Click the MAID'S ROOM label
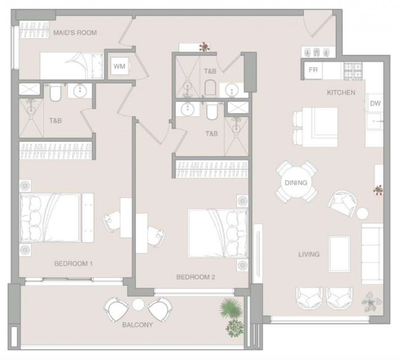pos(75,33)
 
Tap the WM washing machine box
pos(120,66)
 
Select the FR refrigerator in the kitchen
pos(313,70)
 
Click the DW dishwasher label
pos(375,103)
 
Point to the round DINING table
pos(296,182)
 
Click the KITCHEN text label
pos(341,92)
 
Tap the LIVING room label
pos(309,254)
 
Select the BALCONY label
pos(137,325)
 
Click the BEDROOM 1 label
pos(73,264)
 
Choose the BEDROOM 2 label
pos(196,277)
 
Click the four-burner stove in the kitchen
pos(353,70)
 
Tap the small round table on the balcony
pos(138,304)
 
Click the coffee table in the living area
pos(339,254)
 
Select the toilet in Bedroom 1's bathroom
pos(55,93)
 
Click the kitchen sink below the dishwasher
pos(374,121)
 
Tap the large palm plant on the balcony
pos(231,308)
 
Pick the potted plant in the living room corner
pos(371,301)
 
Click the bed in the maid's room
pos(71,66)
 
